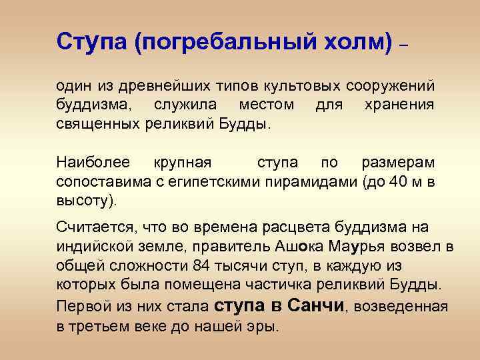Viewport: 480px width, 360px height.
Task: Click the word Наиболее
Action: pyautogui.click(x=91, y=163)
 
